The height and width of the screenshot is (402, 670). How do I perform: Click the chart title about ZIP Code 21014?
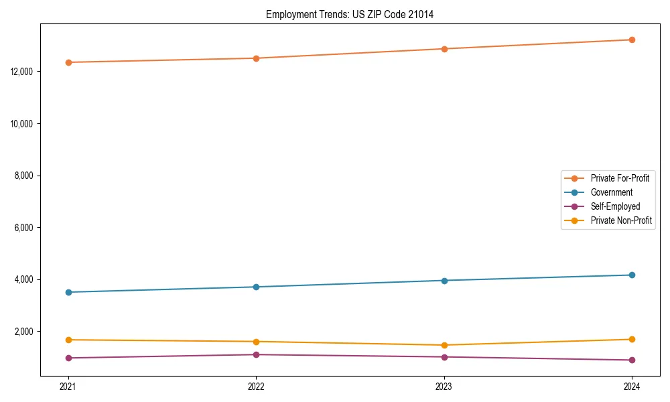(349, 14)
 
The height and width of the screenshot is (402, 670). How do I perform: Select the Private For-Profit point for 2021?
(68, 62)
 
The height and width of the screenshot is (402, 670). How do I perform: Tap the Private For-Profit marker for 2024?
(632, 40)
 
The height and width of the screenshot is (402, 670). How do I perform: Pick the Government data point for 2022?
(256, 287)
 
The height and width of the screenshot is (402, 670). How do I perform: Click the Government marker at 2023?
(444, 280)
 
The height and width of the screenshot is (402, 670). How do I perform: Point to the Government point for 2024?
(632, 275)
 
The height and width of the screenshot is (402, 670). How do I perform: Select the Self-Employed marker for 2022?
(256, 354)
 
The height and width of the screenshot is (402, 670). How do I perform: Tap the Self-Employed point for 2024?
(632, 360)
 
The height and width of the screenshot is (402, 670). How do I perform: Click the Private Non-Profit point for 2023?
(444, 345)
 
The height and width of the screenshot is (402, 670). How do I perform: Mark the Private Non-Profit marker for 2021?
(68, 340)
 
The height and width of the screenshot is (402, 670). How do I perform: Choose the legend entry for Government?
(611, 192)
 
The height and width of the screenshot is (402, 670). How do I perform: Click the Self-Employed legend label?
(615, 206)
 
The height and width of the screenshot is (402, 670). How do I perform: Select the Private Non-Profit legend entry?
(621, 220)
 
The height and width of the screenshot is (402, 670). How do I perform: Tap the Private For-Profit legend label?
(620, 178)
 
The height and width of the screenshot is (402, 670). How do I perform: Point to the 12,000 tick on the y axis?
(23, 72)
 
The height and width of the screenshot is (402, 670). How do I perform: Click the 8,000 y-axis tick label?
(25, 176)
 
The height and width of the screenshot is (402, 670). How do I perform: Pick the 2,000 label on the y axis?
(25, 332)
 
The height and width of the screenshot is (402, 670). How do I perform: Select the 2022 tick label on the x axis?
(256, 386)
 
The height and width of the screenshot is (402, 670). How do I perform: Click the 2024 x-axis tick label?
(632, 386)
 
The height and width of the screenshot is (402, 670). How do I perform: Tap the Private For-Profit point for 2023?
(444, 49)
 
